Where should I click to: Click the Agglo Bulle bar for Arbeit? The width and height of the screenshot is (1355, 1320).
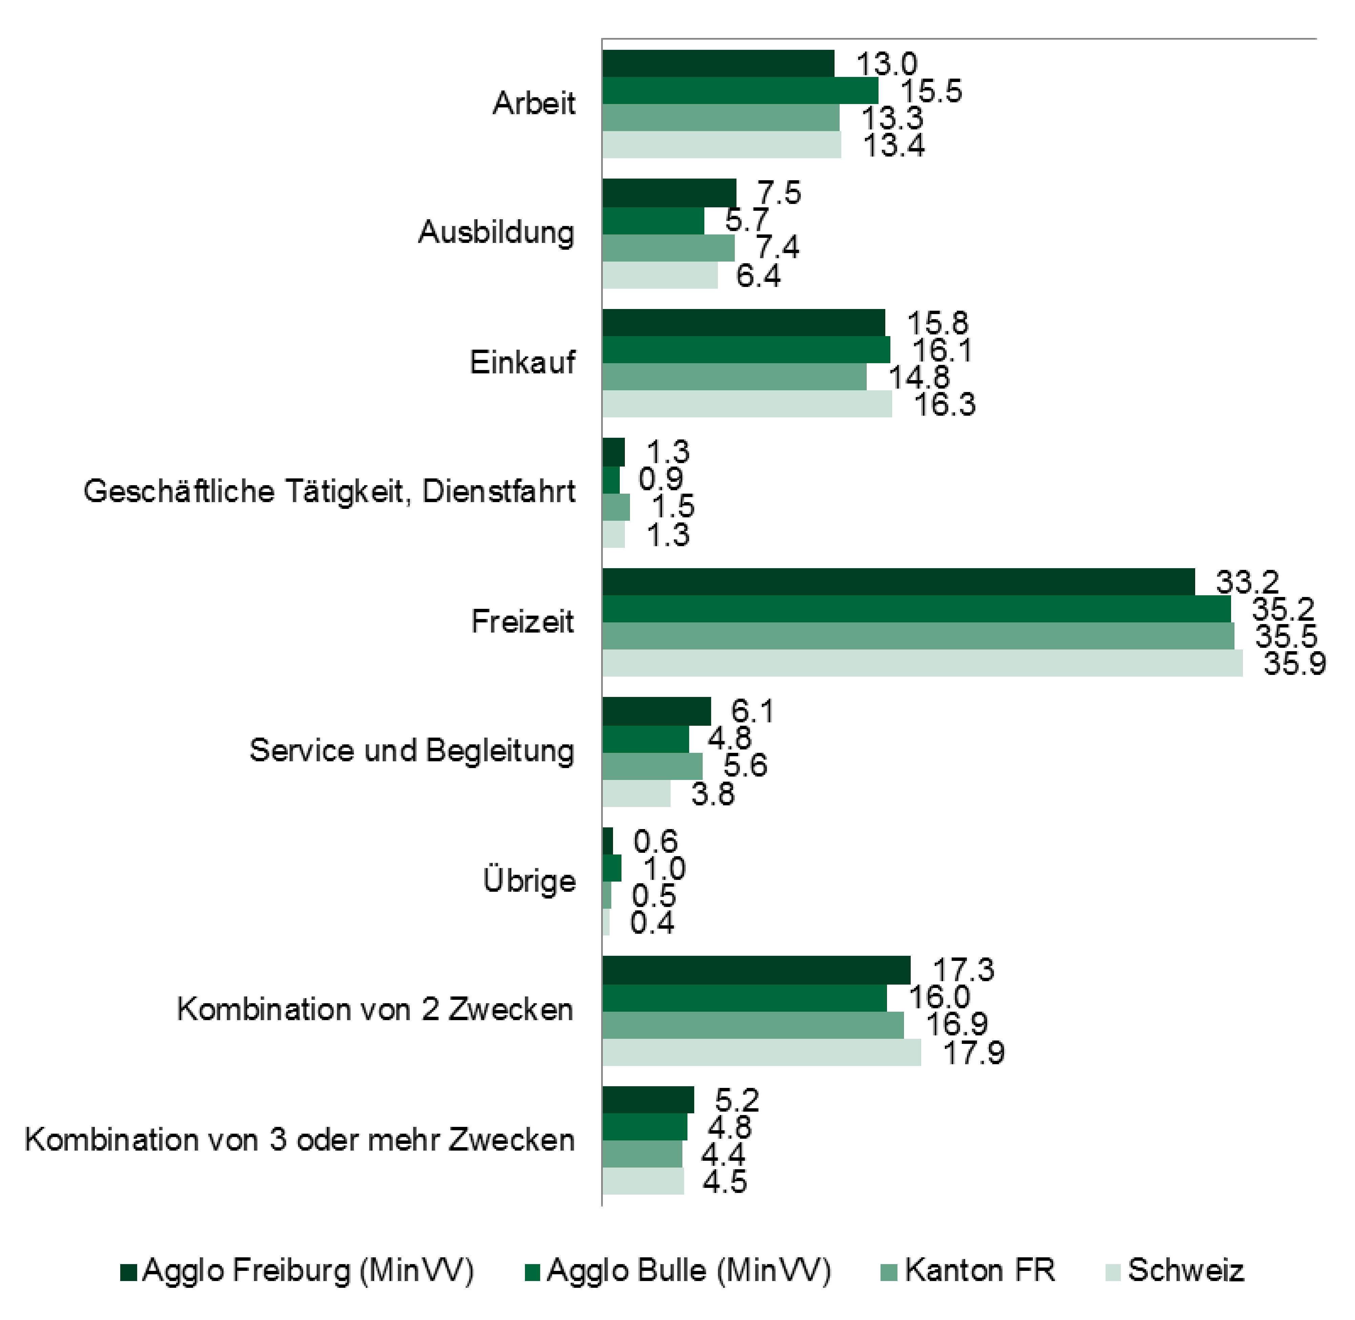[740, 91]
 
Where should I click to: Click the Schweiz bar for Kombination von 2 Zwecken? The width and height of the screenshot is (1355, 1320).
[761, 1052]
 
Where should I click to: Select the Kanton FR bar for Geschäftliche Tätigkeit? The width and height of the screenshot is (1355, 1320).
[615, 507]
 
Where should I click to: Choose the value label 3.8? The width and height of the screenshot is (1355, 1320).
[713, 794]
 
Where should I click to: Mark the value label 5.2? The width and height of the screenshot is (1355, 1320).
[737, 1100]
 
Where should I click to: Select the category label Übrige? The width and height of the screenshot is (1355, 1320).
[529, 881]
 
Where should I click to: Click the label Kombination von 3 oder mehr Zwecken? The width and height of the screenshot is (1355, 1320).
[299, 1140]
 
